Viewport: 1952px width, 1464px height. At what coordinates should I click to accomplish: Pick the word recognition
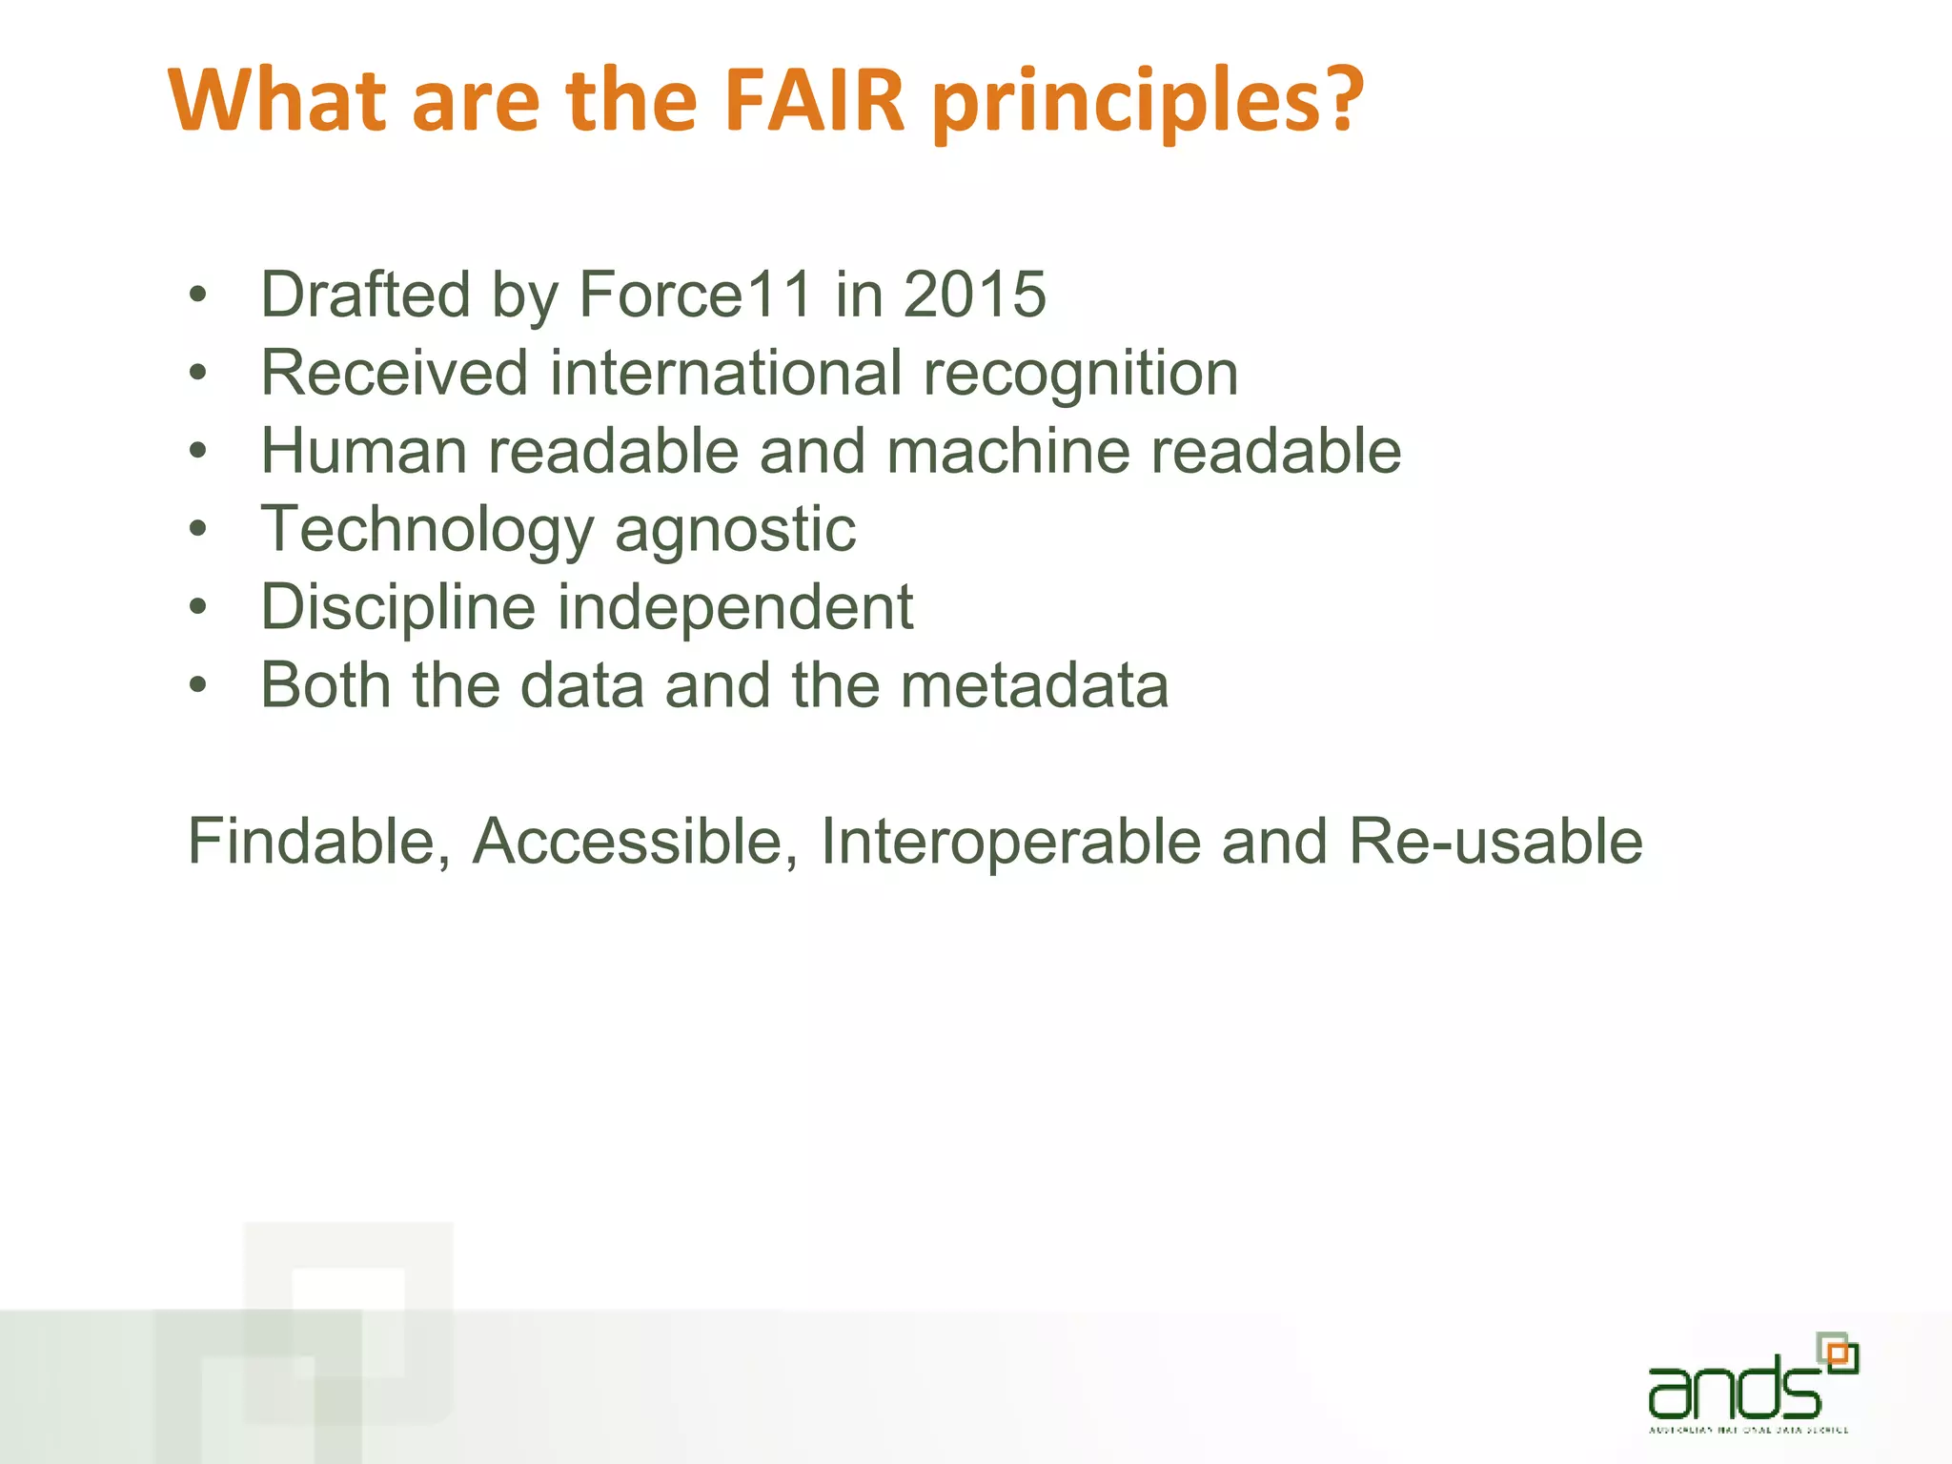click(x=1081, y=374)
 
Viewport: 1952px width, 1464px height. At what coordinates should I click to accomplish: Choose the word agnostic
click(x=735, y=530)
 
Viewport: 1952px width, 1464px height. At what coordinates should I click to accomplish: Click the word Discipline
click(x=398, y=607)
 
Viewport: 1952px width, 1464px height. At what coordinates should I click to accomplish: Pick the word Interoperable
click(x=1010, y=843)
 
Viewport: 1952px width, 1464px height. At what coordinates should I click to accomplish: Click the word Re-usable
click(x=1495, y=841)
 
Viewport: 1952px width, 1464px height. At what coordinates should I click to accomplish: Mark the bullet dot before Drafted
click(x=197, y=295)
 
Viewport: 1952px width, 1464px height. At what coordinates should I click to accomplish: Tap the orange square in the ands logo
click(x=1838, y=1354)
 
